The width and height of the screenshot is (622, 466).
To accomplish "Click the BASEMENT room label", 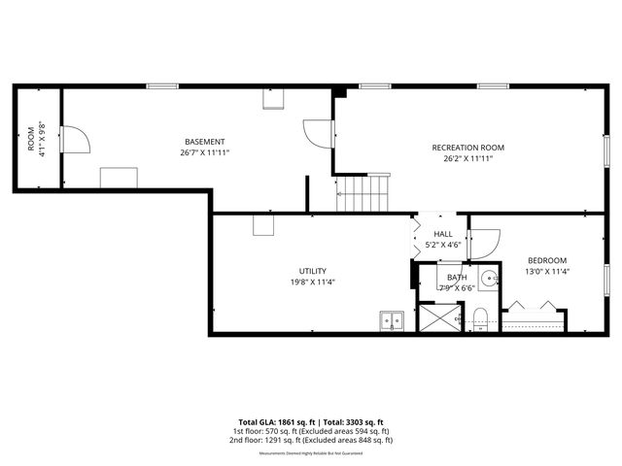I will pos(205,142).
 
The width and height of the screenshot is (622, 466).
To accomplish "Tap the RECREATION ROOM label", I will pos(468,148).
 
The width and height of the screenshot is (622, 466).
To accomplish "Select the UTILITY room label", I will pos(312,271).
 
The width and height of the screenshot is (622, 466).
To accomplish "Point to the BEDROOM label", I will pos(546,260).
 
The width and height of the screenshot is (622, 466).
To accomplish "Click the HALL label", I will pos(443,234).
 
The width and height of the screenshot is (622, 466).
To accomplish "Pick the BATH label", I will pos(456,278).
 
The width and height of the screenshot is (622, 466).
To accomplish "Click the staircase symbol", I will pos(363,193).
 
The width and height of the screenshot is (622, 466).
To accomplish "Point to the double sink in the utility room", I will pos(393,318).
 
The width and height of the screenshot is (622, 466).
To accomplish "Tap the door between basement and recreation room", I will pos(319,133).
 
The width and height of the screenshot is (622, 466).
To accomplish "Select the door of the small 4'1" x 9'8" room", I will pos(74,140).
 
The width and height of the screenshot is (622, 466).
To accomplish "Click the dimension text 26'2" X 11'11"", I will pos(468,158).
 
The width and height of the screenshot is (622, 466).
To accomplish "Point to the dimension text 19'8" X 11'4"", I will pos(312,282).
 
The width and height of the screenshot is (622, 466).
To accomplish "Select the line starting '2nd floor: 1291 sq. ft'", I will pos(311,441).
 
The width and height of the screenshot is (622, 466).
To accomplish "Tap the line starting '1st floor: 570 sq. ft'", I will pos(311,431).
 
